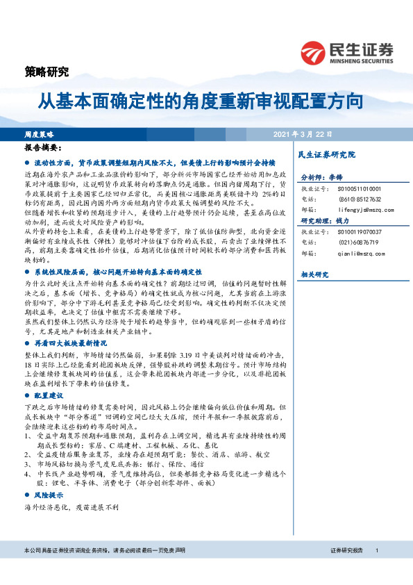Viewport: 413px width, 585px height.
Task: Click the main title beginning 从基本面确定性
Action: coord(201,101)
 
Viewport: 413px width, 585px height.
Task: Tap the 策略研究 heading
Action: coord(47,70)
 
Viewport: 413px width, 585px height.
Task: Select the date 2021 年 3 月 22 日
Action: coord(303,133)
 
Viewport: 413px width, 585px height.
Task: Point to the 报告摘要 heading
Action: coord(43,148)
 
